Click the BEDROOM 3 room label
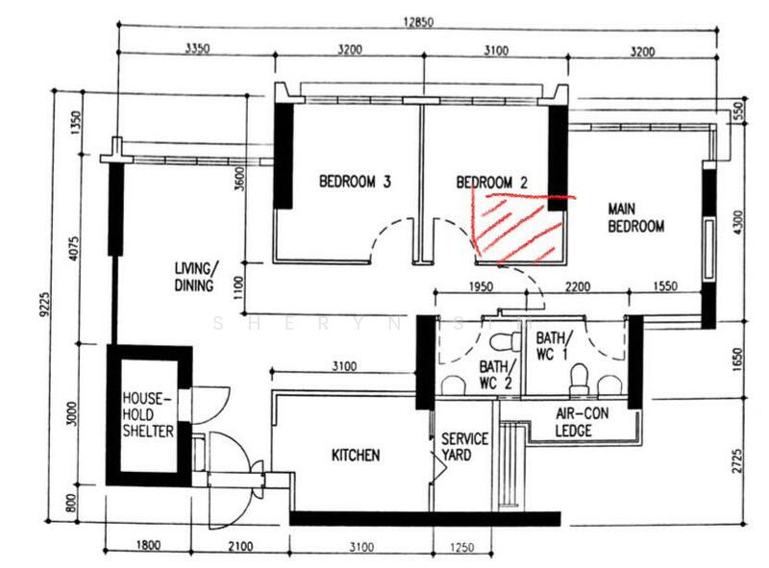pos(355,181)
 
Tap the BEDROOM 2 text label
pos(492,181)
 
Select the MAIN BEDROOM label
pos(635,217)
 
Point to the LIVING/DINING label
pos(196,277)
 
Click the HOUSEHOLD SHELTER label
pos(148,413)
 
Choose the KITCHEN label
pos(356,455)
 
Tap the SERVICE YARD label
pos(464,447)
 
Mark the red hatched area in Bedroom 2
pos(517,229)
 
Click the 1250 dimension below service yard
pos(461,546)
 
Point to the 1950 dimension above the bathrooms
pos(481,285)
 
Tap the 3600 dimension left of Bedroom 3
pos(238,180)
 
